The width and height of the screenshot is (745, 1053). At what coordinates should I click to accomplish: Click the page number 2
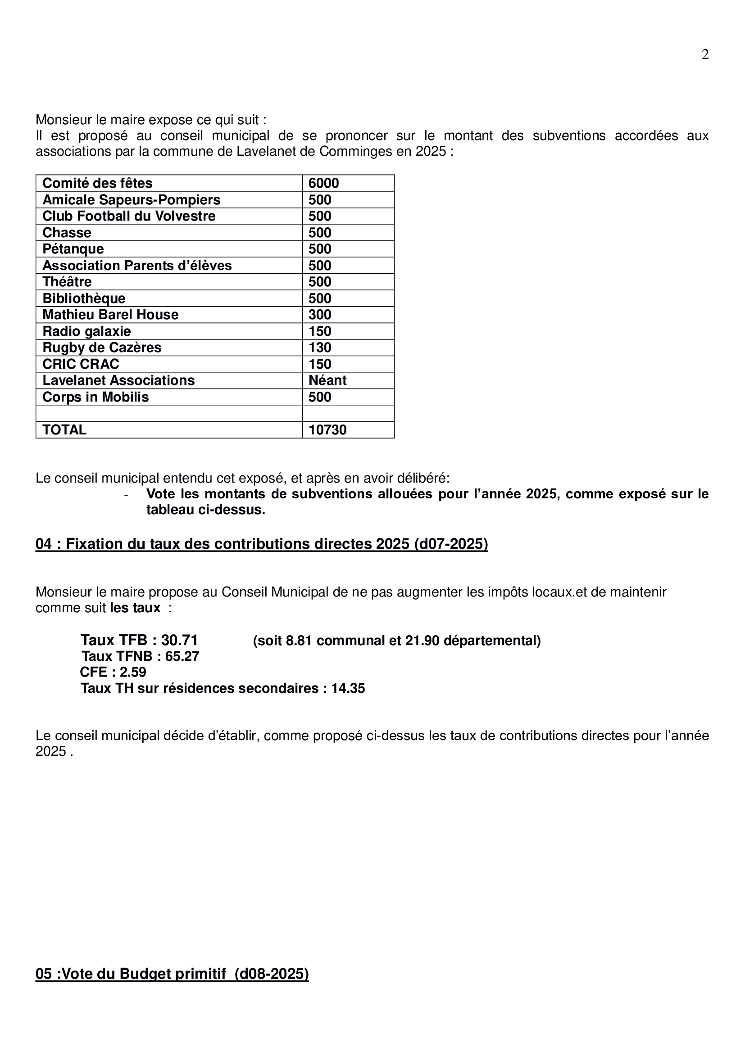click(x=705, y=54)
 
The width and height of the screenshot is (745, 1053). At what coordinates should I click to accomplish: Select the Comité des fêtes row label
click(x=97, y=183)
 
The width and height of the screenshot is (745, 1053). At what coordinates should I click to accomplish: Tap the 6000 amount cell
click(x=323, y=183)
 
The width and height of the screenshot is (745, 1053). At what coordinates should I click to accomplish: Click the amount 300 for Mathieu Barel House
click(x=320, y=315)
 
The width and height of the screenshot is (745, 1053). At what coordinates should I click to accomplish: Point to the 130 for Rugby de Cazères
click(x=320, y=348)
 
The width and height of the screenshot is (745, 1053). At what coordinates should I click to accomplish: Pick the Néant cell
click(x=327, y=380)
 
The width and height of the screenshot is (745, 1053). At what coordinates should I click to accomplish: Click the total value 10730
click(x=327, y=430)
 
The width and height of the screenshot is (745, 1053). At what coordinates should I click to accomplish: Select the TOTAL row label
click(x=64, y=430)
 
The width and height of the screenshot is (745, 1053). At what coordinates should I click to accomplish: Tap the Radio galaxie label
click(x=86, y=331)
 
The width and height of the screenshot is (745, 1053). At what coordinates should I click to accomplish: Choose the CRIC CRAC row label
click(x=81, y=364)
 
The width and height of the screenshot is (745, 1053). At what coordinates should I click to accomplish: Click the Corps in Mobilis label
click(x=95, y=397)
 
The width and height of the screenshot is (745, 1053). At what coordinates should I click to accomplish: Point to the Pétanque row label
click(x=73, y=249)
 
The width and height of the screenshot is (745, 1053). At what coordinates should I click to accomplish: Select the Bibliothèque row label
click(x=84, y=298)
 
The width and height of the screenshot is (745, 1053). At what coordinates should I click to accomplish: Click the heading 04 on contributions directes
click(x=262, y=544)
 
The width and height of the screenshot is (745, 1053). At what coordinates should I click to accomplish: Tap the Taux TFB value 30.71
click(x=179, y=640)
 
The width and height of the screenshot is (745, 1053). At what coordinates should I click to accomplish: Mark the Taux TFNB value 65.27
click(x=182, y=656)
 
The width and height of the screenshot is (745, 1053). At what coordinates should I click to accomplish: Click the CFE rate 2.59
click(x=132, y=672)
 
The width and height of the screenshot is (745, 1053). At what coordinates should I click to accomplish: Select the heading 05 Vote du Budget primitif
click(x=172, y=974)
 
